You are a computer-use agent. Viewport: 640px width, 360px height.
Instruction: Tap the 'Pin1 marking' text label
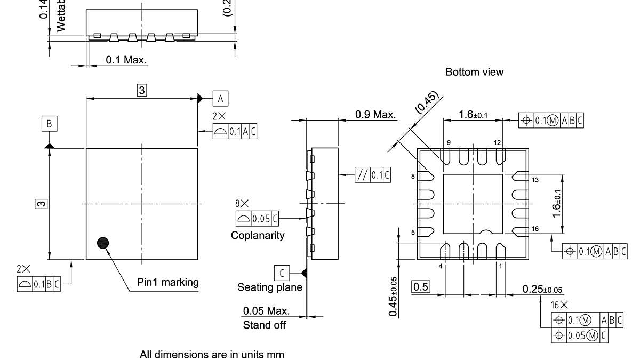click(x=167, y=282)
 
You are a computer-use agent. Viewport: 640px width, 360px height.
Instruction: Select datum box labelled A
click(x=220, y=98)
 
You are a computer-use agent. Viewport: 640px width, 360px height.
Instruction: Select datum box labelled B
click(x=49, y=124)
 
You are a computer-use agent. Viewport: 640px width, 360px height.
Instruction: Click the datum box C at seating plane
click(x=282, y=273)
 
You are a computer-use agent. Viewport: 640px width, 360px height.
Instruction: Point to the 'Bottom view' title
click(x=474, y=72)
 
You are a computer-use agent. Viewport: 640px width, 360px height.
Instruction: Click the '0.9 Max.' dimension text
click(x=375, y=114)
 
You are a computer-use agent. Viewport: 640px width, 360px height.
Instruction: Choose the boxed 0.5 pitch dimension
click(x=421, y=286)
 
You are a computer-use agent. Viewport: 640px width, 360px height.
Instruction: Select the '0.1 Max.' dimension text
click(x=126, y=60)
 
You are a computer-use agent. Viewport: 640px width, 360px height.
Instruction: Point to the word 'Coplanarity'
click(x=258, y=235)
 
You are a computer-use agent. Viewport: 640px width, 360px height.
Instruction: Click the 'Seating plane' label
click(x=270, y=287)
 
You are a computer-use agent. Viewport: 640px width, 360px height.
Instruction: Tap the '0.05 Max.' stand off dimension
click(x=266, y=310)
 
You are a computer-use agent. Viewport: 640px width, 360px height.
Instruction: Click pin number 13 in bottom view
click(x=534, y=180)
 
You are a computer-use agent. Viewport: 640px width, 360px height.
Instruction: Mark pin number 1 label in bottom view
click(x=500, y=266)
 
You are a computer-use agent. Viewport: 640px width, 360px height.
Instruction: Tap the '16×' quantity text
click(x=559, y=305)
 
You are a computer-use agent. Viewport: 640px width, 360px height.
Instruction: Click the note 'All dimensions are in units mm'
click(x=212, y=354)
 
